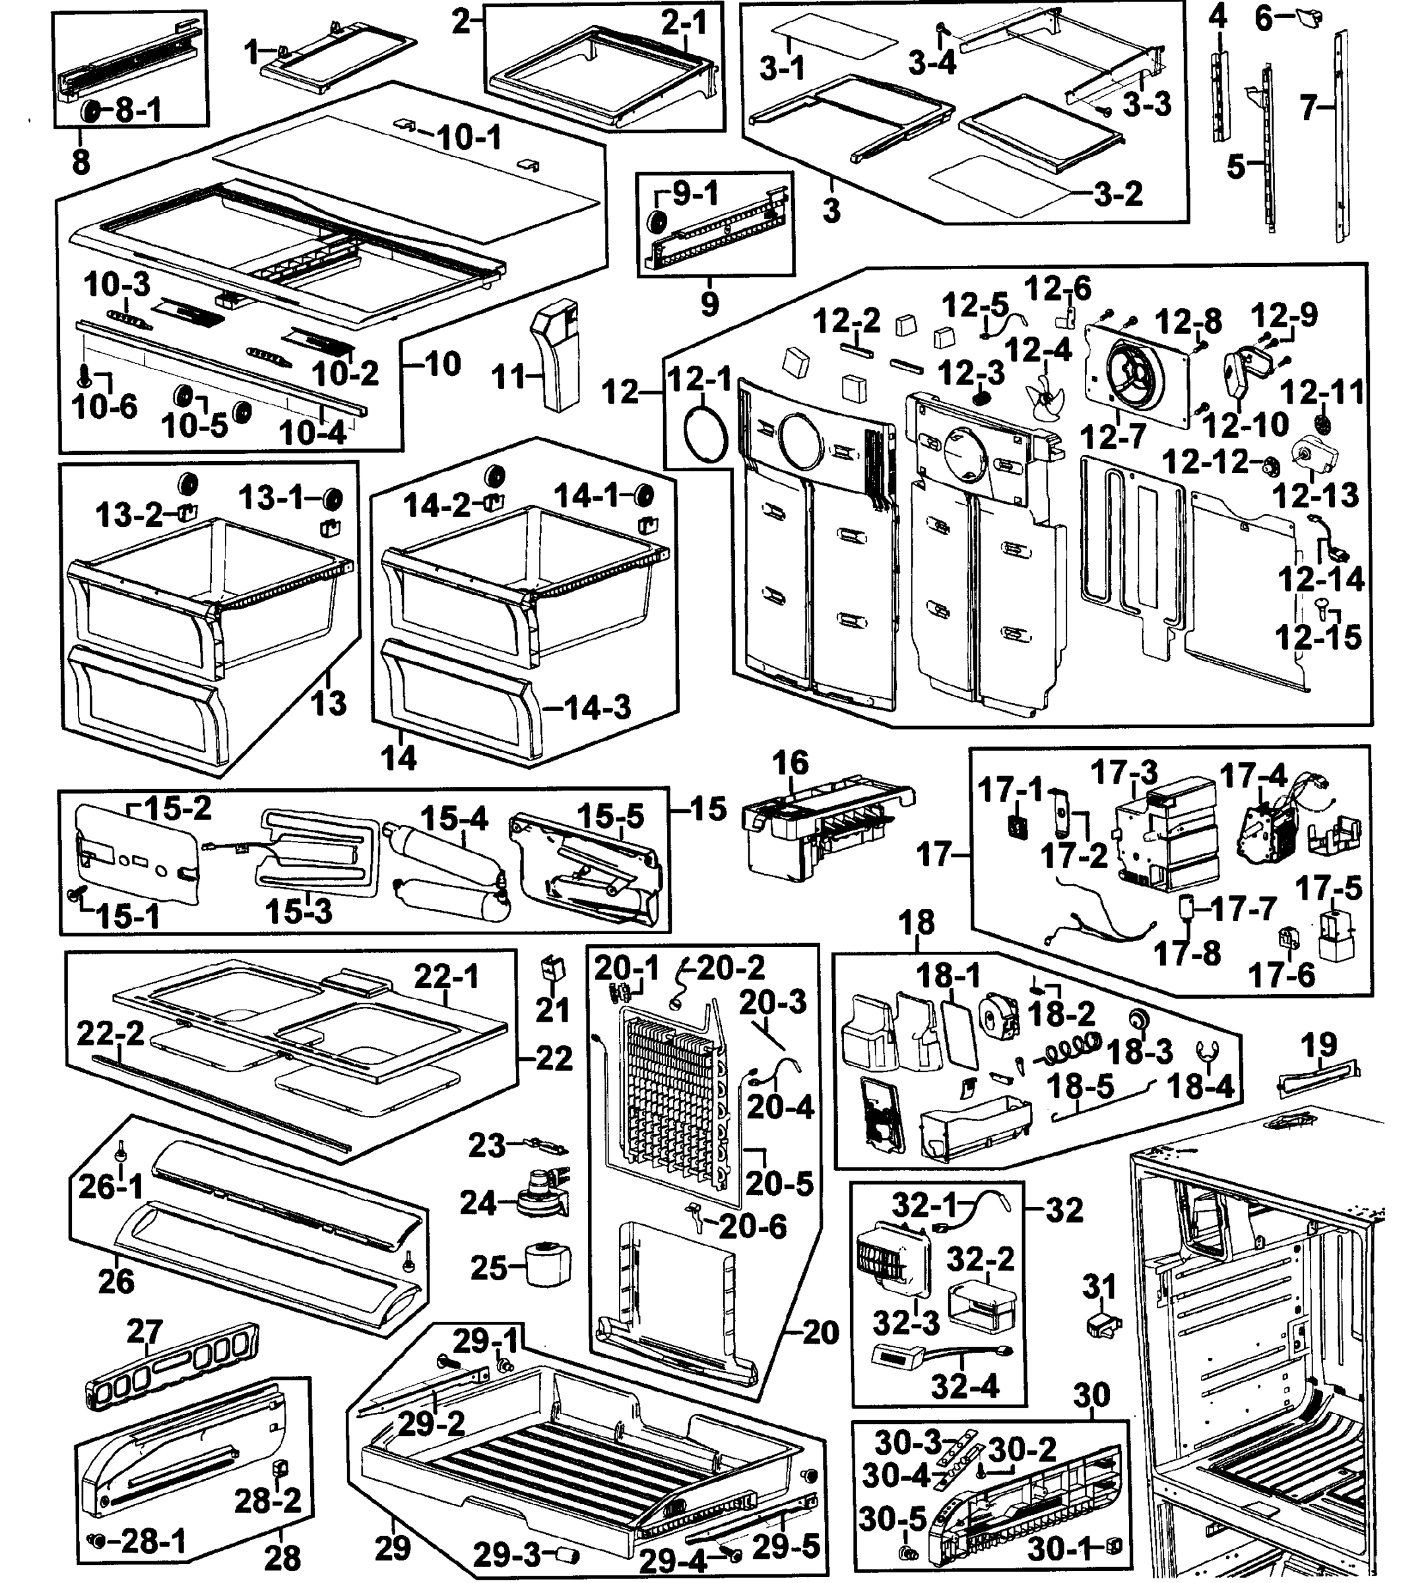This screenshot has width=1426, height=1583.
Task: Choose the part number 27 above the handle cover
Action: pos(145,1331)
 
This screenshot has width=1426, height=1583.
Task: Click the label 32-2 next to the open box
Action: pos(980,1258)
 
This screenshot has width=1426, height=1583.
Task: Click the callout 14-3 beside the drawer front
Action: pos(597,707)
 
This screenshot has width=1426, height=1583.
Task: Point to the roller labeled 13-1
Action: pos(332,497)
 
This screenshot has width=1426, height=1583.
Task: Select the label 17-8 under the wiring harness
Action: pos(1186,953)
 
